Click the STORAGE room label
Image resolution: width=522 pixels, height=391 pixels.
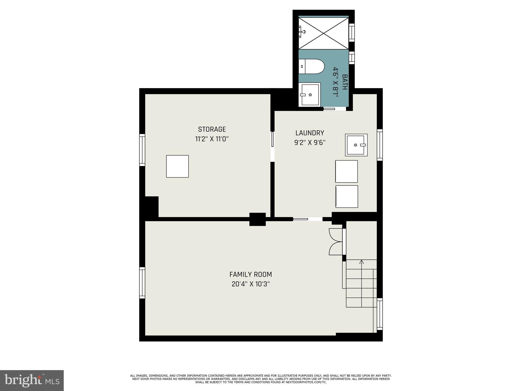click(212, 129)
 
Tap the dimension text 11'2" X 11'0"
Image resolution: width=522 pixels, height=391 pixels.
click(212, 139)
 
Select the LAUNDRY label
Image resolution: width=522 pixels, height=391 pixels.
click(310, 133)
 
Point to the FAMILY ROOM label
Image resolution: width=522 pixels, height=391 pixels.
click(251, 274)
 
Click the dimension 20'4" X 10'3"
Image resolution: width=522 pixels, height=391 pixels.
click(251, 284)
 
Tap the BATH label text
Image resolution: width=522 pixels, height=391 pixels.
click(345, 82)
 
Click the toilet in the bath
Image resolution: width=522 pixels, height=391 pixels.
click(311, 66)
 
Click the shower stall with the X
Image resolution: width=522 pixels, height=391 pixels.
click(323, 33)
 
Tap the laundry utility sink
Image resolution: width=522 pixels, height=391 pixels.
click(356, 145)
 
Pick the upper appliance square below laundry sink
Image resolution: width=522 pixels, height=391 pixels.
click(346, 171)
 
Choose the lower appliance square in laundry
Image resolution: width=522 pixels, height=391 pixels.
click(347, 197)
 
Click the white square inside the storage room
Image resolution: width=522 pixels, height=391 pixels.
click(177, 166)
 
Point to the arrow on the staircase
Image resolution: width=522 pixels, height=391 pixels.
click(361, 262)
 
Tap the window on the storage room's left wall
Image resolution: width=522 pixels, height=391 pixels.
click(142, 150)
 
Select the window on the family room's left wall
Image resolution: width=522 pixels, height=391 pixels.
click(142, 283)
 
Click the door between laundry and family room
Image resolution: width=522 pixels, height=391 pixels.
click(308, 219)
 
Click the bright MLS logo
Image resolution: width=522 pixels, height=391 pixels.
click(32, 380)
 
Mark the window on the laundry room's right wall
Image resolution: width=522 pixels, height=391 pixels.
click(380, 145)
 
